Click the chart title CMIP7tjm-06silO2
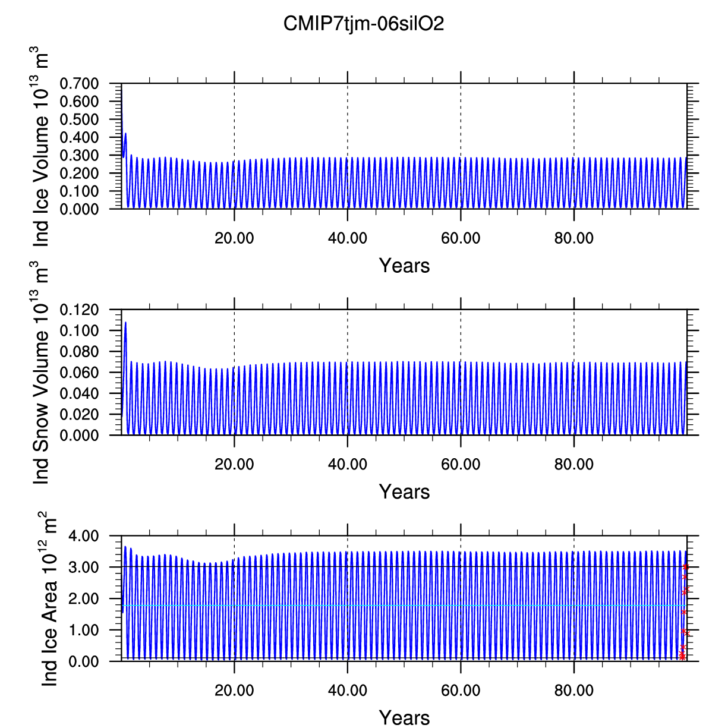[364, 24]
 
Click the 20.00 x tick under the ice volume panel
[234, 238]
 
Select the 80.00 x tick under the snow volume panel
[573, 464]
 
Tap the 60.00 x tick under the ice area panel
[461, 691]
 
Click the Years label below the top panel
[404, 266]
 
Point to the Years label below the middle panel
[404, 492]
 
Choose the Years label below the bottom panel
[404, 718]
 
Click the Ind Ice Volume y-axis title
[40, 149]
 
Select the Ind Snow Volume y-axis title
[40, 377]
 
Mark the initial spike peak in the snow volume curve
[125, 322]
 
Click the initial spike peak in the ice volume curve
[125, 134]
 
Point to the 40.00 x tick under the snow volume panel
[347, 464]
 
